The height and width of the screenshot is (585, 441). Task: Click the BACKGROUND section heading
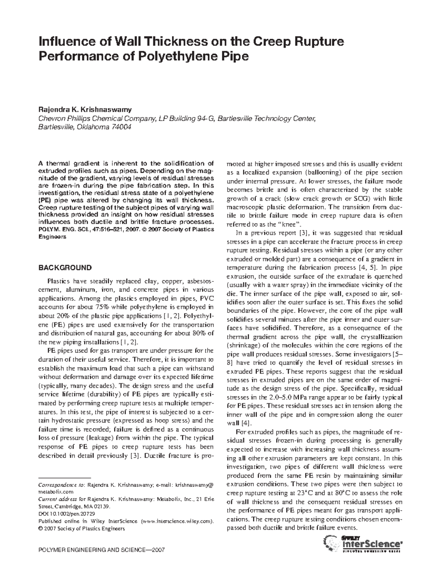pos(65,268)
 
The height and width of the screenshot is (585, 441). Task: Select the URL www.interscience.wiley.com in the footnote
pos(177,521)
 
